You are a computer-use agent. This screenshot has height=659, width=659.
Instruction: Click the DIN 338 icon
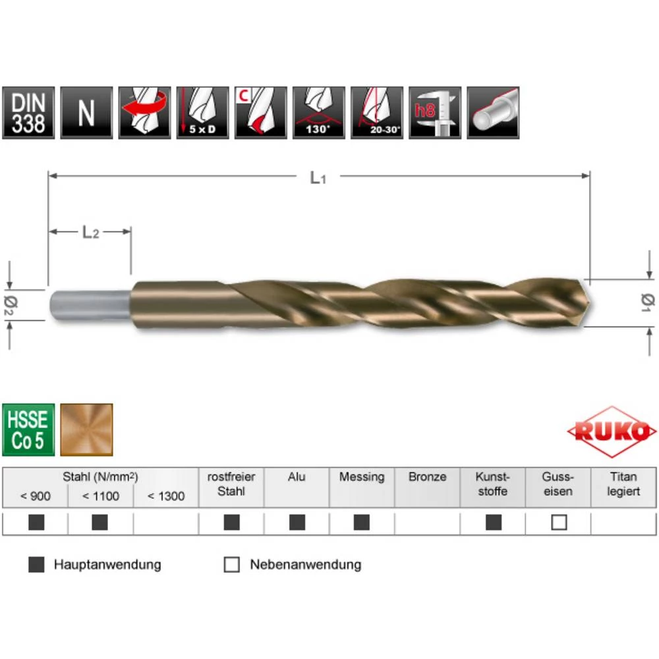(28, 113)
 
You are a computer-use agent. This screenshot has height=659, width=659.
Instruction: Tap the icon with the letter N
(86, 113)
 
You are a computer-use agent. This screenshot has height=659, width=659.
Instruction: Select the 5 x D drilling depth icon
(202, 113)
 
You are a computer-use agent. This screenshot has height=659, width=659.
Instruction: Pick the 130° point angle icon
(318, 113)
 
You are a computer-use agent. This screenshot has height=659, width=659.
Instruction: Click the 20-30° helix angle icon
(376, 113)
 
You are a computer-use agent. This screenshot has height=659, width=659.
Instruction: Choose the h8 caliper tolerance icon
(434, 113)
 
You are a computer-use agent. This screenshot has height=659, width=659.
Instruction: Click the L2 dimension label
(90, 232)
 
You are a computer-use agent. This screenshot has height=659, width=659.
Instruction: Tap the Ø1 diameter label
(646, 301)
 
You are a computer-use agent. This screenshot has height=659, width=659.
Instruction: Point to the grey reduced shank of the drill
(89, 304)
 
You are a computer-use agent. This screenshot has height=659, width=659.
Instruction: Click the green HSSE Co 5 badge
(28, 430)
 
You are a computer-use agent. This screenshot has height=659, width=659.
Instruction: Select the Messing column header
(362, 477)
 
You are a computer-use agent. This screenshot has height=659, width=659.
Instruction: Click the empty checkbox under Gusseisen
(559, 523)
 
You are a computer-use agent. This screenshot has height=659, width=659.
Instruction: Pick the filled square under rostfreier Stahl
(231, 523)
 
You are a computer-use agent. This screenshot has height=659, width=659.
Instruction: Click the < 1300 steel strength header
(166, 496)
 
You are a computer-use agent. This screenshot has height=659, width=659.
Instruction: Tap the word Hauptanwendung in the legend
(107, 565)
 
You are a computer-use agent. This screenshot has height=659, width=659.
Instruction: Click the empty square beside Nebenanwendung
(232, 565)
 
